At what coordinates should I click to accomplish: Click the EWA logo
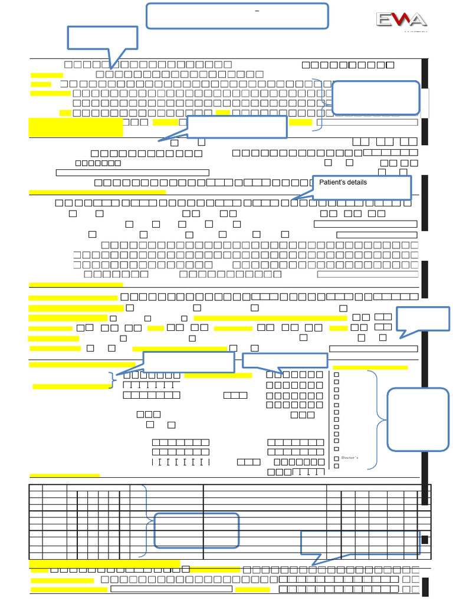pos(402,20)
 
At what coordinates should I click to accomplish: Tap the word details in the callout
pos(357,182)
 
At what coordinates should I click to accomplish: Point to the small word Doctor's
pos(350,458)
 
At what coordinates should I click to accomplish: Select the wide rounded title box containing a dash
pos(237,16)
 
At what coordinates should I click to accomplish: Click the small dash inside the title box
pos(257,11)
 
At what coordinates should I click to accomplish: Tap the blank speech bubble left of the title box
pos(103,38)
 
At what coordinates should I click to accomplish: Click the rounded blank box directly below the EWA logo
pos(376,97)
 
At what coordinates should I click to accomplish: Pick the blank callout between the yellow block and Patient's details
pos(237,127)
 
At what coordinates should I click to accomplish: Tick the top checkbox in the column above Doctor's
pos(337,374)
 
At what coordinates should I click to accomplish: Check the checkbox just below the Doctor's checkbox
pos(337,466)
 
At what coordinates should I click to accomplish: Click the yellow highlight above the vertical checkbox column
pos(370,367)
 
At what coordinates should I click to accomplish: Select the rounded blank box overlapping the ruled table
pos(197,530)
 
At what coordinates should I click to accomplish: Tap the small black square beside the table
pos(425,539)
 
